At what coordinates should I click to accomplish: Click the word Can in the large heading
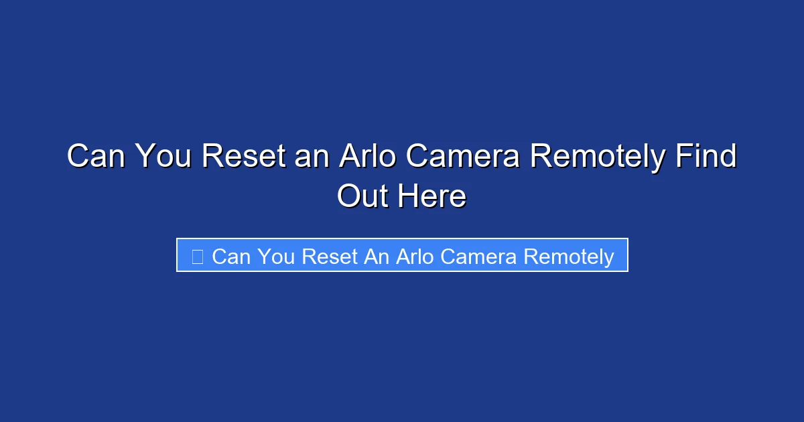pos(96,157)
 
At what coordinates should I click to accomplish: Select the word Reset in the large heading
pos(244,157)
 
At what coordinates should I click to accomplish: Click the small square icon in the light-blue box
pos(197,257)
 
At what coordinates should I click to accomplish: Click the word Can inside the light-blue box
pos(230,257)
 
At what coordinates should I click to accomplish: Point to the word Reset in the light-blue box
pos(330,257)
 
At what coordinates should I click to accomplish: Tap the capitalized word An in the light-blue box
pos(377,257)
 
